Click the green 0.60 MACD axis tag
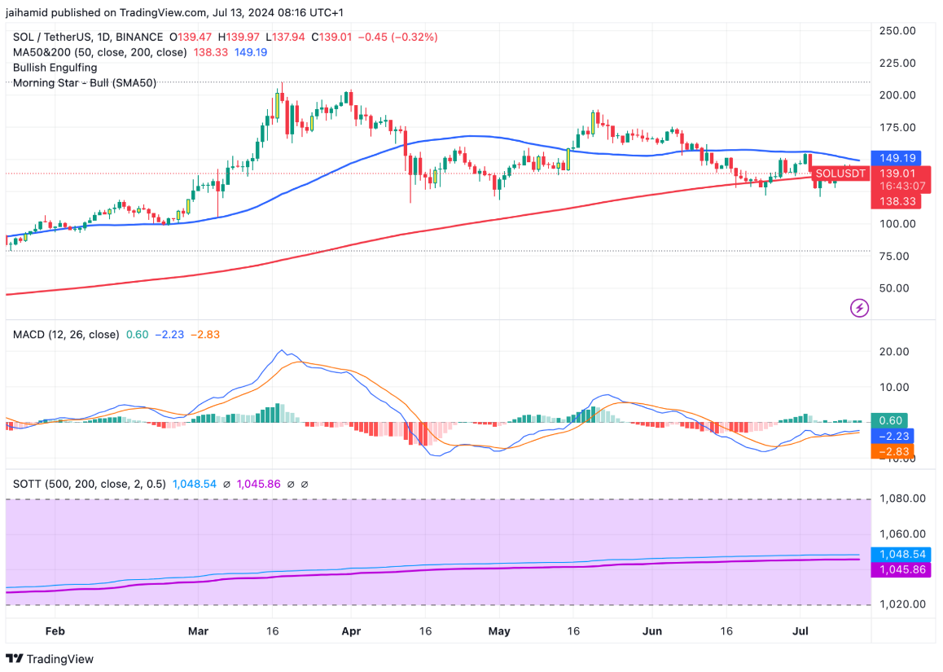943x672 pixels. pyautogui.click(x=891, y=420)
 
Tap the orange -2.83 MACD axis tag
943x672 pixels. pyautogui.click(x=891, y=451)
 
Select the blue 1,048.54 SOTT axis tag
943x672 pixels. pyautogui.click(x=902, y=554)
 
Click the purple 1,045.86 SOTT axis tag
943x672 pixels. pyautogui.click(x=902, y=569)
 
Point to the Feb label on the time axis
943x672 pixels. pyautogui.click(x=55, y=631)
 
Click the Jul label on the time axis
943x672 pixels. pyautogui.click(x=800, y=631)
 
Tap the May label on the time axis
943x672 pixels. pyautogui.click(x=500, y=631)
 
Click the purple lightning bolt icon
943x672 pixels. pyautogui.click(x=860, y=308)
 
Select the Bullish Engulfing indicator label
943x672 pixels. pyautogui.click(x=55, y=68)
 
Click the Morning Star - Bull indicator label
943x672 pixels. pyautogui.click(x=85, y=82)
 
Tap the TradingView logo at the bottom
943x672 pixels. pyautogui.click(x=50, y=659)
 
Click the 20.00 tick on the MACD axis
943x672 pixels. pyautogui.click(x=897, y=352)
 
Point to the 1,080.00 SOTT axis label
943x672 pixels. pyautogui.click(x=902, y=499)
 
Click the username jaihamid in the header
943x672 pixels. pyautogui.click(x=28, y=12)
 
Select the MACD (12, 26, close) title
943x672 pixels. pyautogui.click(x=66, y=335)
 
